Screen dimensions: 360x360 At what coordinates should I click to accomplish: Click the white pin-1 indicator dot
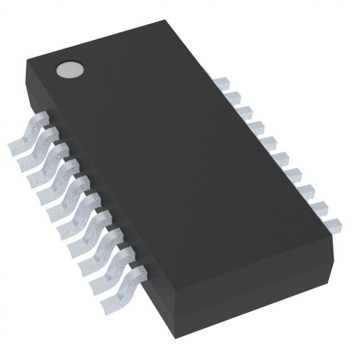coord(69,70)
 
